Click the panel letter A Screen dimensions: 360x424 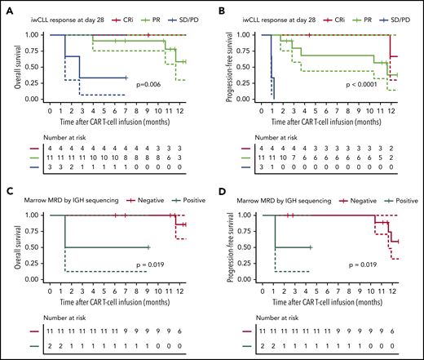pyautogui.click(x=7, y=8)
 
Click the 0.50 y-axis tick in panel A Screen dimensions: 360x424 pyautogui.click(x=33, y=67)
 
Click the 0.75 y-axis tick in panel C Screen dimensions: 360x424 pyautogui.click(x=33, y=231)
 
